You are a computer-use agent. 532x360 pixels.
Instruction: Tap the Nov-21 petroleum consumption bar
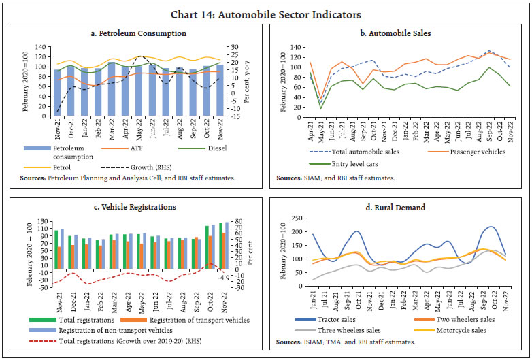(58, 92)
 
